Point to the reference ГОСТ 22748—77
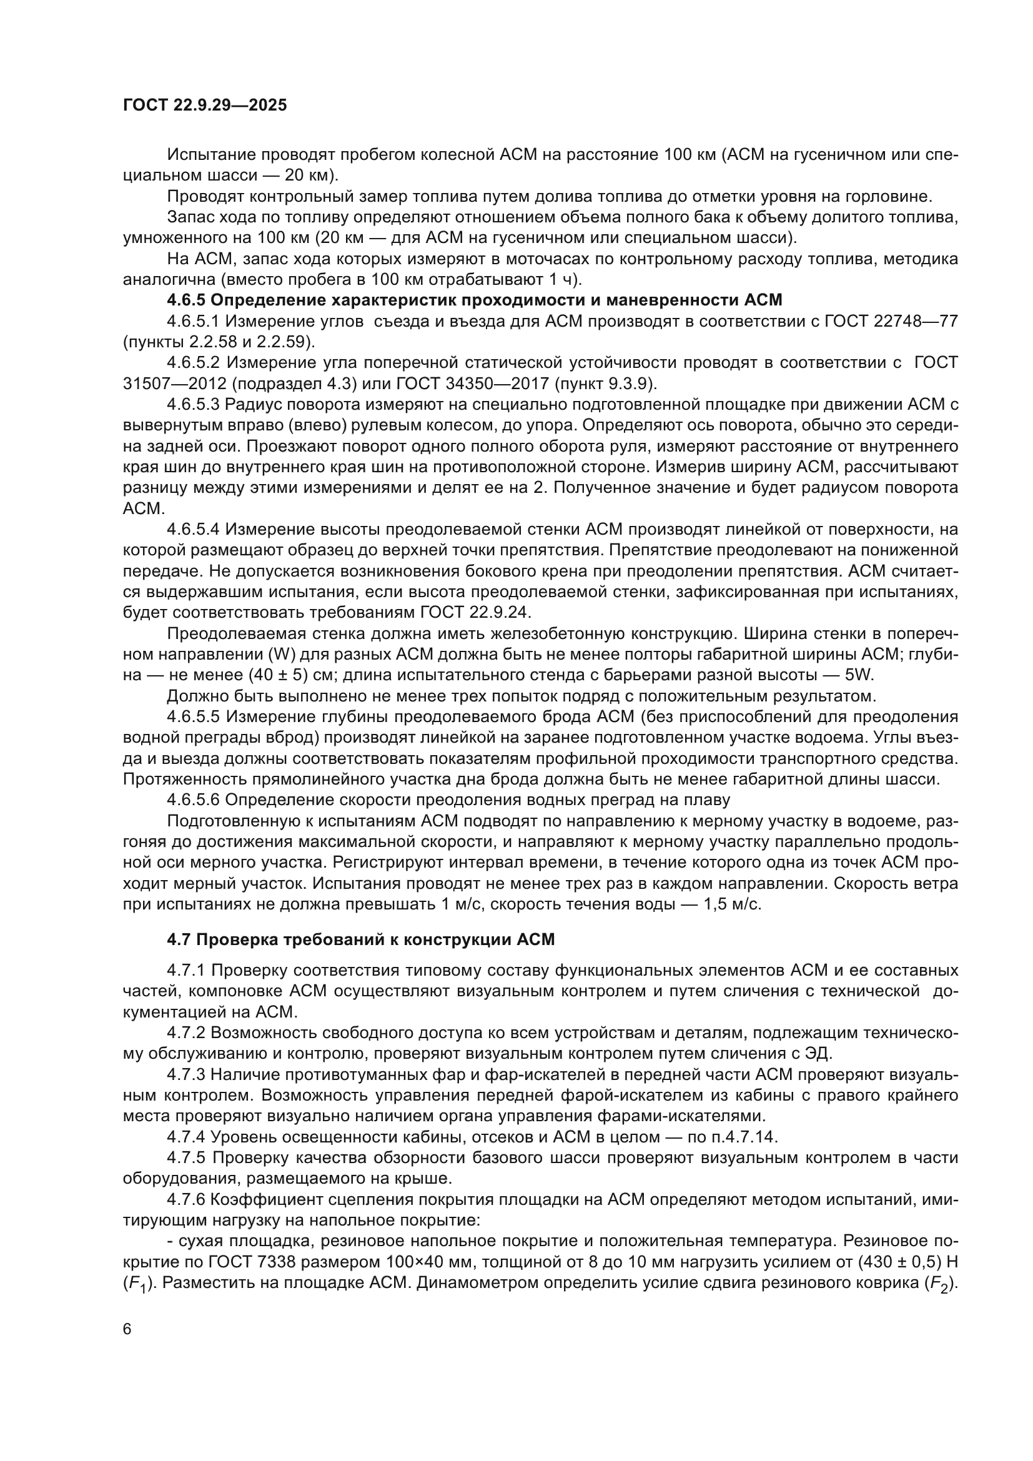[891, 320]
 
